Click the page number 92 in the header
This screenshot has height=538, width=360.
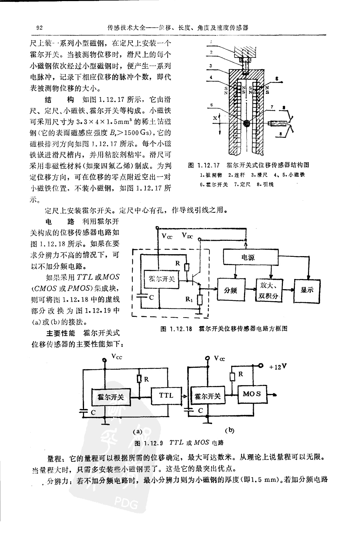pyautogui.click(x=40, y=28)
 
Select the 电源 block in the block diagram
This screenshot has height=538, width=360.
pyautogui.click(x=248, y=258)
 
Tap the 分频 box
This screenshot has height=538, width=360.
pyautogui.click(x=230, y=290)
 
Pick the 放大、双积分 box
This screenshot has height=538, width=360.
pyautogui.click(x=269, y=290)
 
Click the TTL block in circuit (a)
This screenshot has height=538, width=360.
pyautogui.click(x=167, y=395)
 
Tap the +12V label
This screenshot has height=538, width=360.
pyautogui.click(x=279, y=367)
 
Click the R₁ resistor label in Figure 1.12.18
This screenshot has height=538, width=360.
pyautogui.click(x=189, y=299)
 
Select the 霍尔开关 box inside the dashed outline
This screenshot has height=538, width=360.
pyautogui.click(x=162, y=279)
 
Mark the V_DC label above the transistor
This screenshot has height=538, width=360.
pyautogui.click(x=188, y=236)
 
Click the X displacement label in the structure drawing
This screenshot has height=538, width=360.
pyautogui.click(x=215, y=118)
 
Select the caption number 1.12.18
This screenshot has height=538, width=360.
pyautogui.click(x=181, y=328)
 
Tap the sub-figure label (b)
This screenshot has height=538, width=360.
pyautogui.click(x=229, y=430)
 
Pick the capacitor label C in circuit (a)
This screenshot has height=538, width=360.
pyautogui.click(x=93, y=413)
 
